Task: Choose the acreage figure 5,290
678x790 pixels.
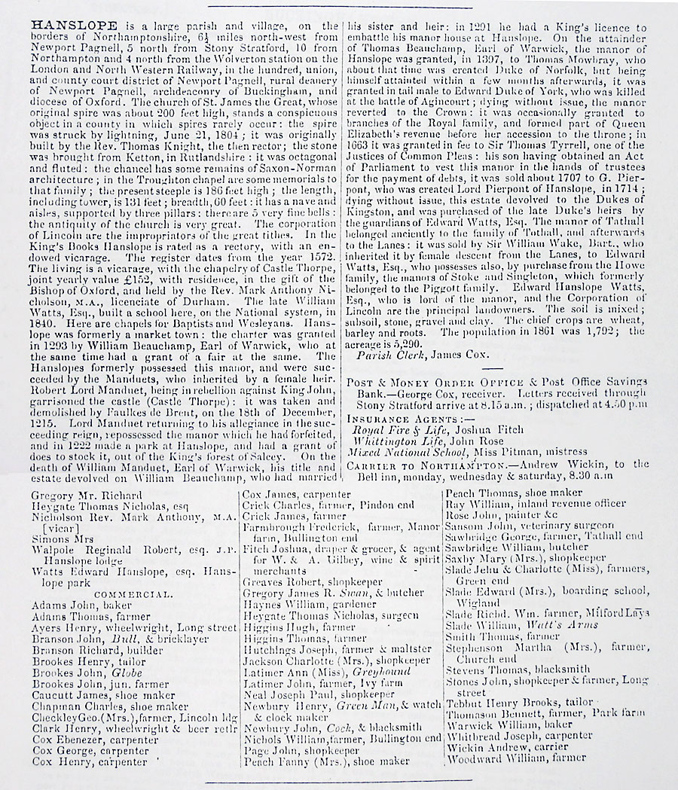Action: tap(409, 341)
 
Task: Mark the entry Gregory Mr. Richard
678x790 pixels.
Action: tap(87, 496)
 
